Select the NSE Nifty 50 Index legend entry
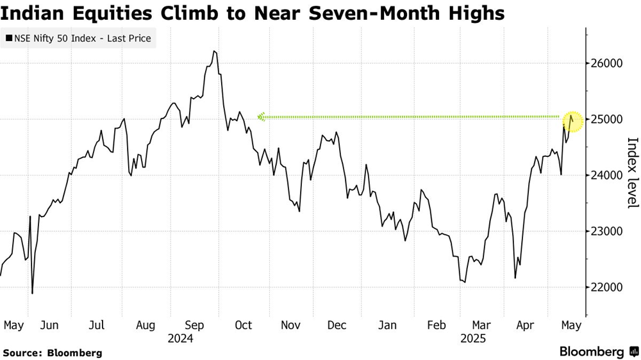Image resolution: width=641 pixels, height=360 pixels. [x=78, y=38]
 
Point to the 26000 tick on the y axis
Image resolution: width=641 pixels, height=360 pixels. [x=607, y=63]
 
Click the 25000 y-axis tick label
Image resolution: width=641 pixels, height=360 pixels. [x=607, y=119]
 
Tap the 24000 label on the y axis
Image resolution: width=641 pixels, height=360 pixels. [x=607, y=175]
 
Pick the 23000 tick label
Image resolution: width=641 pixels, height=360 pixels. [x=607, y=231]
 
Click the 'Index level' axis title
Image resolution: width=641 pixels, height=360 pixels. [x=632, y=172]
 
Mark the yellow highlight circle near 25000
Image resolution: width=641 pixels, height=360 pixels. [x=574, y=120]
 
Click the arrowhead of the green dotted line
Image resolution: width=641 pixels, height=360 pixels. [x=261, y=117]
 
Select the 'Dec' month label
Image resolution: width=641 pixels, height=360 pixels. [x=337, y=325]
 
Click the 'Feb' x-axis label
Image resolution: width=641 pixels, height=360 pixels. [x=436, y=325]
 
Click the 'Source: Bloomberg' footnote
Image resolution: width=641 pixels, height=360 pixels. [x=53, y=353]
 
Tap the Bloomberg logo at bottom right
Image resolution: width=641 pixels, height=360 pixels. [x=597, y=352]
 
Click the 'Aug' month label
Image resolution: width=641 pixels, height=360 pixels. [x=146, y=325]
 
